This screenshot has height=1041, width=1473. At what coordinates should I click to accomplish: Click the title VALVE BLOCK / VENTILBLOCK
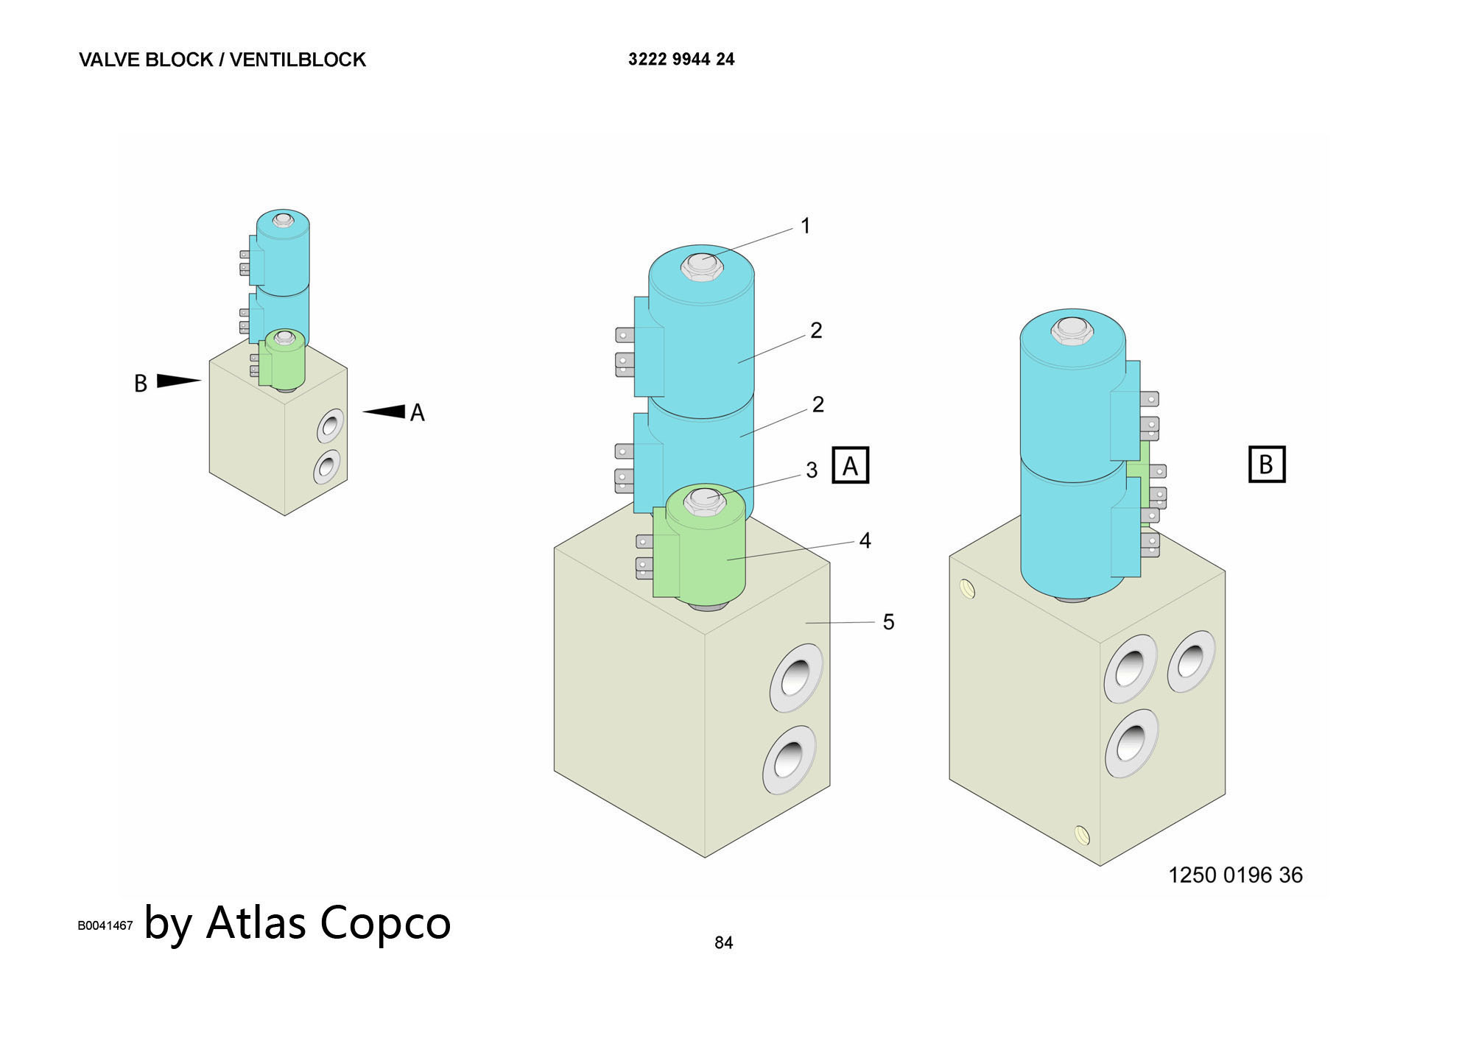coord(222,60)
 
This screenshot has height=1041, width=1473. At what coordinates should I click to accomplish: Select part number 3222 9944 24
coord(681,60)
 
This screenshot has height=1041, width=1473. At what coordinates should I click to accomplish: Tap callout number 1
coord(806,226)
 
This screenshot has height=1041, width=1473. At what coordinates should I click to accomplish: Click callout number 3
coord(812,470)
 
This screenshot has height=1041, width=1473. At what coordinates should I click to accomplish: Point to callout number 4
coord(865,541)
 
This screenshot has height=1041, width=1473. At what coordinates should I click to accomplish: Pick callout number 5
coord(888,622)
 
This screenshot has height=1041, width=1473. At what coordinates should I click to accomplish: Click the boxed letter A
coord(851,465)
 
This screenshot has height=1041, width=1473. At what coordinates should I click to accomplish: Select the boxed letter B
coord(1266,465)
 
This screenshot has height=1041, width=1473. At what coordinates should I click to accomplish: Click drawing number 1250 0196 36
coord(1235,875)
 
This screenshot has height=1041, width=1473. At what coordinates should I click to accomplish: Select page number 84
coord(723,943)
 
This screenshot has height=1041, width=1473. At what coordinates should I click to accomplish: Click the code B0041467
coord(105,925)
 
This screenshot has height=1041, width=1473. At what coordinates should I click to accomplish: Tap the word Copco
coord(384,922)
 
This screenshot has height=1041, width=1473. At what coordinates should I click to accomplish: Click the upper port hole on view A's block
coord(795,677)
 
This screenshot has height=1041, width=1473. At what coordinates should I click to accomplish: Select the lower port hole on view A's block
coord(789,759)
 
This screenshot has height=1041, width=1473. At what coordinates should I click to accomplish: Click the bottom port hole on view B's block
coord(1131,743)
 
